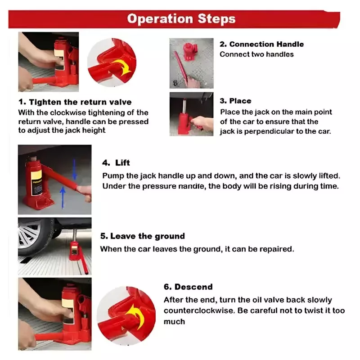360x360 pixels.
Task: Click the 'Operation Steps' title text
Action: click(181, 19)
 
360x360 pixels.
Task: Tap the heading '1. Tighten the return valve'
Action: click(75, 102)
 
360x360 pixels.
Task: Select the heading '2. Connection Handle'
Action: click(261, 44)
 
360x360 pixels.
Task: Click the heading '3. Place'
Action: click(235, 101)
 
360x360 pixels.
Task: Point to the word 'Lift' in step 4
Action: click(122, 163)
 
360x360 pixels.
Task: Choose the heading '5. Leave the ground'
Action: click(142, 236)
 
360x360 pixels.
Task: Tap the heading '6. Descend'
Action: click(188, 287)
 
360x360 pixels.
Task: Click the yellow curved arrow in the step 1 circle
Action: click(122, 66)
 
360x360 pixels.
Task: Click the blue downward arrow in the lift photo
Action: click(74, 170)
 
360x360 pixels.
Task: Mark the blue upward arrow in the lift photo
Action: click(63, 197)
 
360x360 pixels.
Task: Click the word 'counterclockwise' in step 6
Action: click(199, 310)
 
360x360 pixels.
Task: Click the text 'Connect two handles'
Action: click(256, 54)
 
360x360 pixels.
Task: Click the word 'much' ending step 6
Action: click(174, 322)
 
